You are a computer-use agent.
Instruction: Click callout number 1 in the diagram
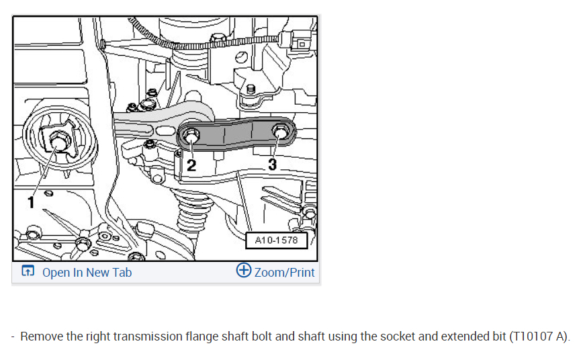coord(31,201)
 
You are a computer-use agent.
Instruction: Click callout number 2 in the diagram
coord(191,165)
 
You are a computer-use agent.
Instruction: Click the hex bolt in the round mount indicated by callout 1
coord(58,142)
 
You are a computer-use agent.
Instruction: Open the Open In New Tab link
coord(87,272)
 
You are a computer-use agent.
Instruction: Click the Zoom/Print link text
coord(284,272)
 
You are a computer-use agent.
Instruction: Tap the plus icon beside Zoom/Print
coord(244,271)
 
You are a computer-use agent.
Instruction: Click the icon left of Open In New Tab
coord(28,271)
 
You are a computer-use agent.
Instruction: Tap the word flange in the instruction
coord(201,336)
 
